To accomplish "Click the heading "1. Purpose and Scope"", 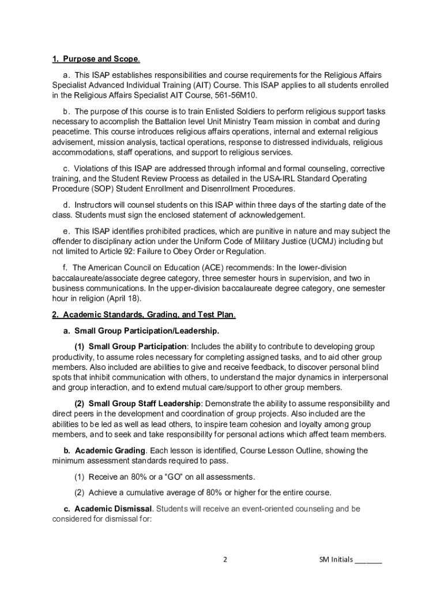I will (95, 59).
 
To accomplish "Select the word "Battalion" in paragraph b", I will (174, 122).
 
